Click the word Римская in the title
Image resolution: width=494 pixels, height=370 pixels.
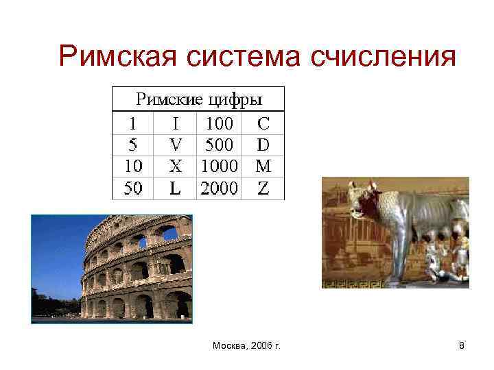[x=119, y=57]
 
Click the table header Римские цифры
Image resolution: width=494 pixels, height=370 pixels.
[x=198, y=99]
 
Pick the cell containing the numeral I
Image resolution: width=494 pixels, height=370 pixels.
[x=176, y=124]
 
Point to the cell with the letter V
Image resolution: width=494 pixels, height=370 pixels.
[x=176, y=145]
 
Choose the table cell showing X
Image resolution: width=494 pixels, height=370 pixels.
[x=176, y=166]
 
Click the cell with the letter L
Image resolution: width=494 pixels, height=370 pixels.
[x=176, y=188]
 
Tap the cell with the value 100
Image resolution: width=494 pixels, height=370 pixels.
[x=220, y=124]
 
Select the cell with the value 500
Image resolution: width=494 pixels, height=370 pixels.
[x=220, y=145]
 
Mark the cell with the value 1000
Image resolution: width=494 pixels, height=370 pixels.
[x=220, y=166]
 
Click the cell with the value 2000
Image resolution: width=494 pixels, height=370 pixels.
[x=220, y=188]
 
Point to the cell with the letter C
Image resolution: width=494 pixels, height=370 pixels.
[x=263, y=124]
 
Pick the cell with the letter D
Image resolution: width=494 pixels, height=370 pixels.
[x=263, y=145]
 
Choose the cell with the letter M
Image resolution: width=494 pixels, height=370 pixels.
[x=263, y=166]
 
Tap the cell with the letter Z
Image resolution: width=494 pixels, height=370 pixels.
[x=263, y=188]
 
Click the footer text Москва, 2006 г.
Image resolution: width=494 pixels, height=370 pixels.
[x=247, y=347]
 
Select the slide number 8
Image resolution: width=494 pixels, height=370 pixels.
[x=462, y=347]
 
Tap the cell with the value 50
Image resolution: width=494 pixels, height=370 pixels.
[x=133, y=188]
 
